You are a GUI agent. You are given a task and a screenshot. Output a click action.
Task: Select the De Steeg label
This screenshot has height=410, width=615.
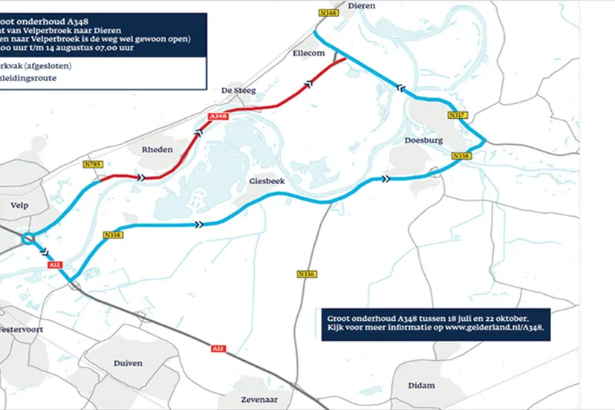(238, 91)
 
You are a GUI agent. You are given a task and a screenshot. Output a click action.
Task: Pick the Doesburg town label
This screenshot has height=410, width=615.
(424, 140)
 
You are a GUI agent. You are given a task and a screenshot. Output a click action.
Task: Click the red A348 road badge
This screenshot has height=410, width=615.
(217, 117)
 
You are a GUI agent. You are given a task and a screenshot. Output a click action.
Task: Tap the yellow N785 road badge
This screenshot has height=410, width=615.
(93, 164)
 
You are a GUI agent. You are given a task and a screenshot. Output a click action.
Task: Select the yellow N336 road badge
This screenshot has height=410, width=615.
(306, 274)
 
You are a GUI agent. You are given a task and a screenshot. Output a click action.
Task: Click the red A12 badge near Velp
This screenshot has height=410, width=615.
(53, 264)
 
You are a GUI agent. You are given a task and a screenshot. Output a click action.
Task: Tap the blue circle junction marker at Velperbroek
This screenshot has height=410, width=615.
(27, 238)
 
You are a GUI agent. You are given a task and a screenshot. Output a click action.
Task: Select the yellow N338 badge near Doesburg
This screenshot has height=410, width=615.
(461, 156)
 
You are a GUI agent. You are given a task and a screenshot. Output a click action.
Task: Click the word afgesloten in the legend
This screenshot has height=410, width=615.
(47, 65)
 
